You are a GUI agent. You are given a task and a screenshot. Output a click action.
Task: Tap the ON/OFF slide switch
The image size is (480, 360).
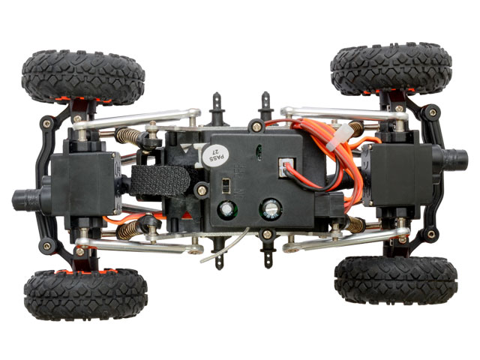click(x=226, y=185)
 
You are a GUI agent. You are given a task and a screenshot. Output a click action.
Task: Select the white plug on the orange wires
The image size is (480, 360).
click(x=340, y=137)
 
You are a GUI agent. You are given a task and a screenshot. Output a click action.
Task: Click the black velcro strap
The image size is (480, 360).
click(x=160, y=181)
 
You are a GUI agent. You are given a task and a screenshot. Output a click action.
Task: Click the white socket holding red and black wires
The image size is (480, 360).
click(x=286, y=167)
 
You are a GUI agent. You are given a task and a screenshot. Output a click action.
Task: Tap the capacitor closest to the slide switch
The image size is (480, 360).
click(x=227, y=210)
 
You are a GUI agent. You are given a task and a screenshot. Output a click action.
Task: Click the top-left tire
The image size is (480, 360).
click(x=83, y=76)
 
